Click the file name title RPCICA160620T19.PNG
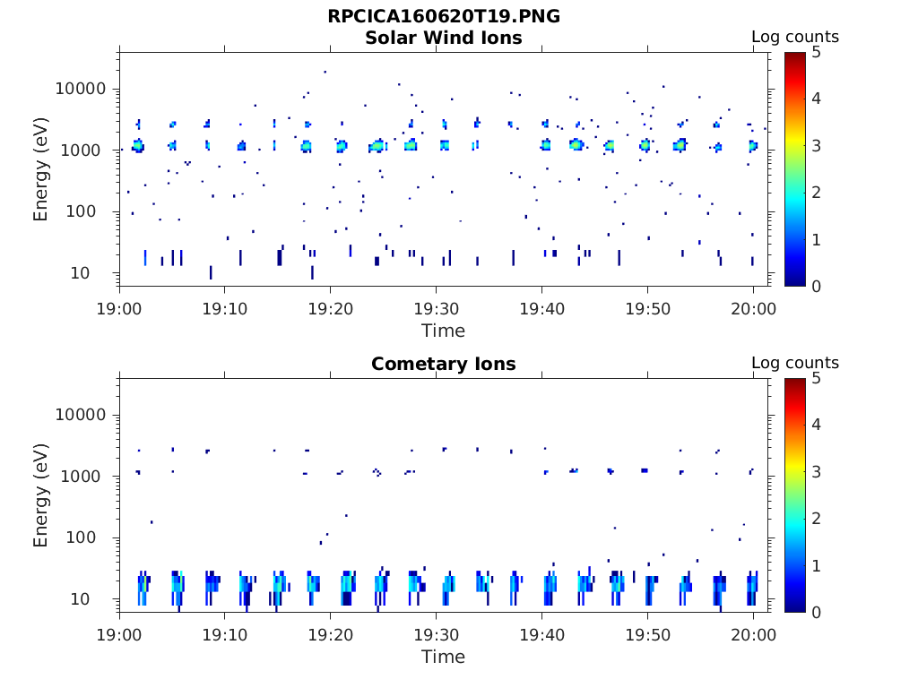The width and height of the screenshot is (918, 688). tap(443, 16)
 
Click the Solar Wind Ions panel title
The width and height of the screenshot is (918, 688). tap(443, 38)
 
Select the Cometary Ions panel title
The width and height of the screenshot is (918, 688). tap(443, 364)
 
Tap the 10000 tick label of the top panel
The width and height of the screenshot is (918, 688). tap(82, 89)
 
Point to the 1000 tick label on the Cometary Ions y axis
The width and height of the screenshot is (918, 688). tap(86, 477)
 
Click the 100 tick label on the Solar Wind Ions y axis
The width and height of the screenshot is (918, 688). tap(91, 212)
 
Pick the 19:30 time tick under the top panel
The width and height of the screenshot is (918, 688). tap(436, 309)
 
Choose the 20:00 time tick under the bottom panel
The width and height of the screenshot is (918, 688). tap(753, 635)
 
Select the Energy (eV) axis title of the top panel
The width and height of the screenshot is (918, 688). tap(41, 169)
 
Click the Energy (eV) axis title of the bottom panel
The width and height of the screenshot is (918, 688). tap(41, 495)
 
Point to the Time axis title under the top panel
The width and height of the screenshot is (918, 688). tap(443, 331)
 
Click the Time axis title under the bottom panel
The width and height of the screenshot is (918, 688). tap(443, 657)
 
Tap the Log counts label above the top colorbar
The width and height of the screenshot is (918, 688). tap(794, 37)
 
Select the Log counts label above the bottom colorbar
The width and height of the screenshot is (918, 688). tap(794, 363)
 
